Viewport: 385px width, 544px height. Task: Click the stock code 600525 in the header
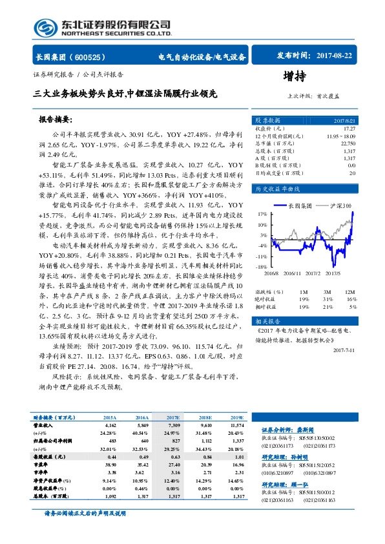coord(94,57)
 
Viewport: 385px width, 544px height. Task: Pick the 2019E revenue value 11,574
coord(234,426)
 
